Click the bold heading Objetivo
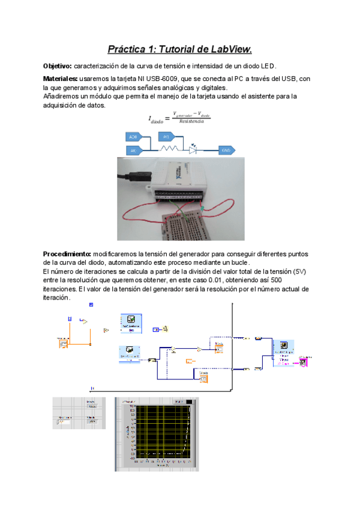coord(58,65)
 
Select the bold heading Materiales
coord(61,79)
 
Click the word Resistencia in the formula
coord(187,121)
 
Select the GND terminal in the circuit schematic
coord(226,150)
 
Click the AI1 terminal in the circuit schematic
coord(167,137)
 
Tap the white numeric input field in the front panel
coord(62,422)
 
